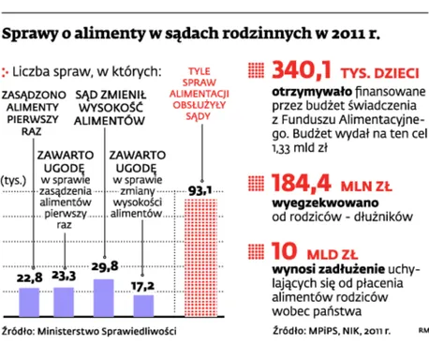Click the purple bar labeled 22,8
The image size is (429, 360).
click(x=29, y=302)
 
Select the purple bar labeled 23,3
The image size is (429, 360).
click(x=64, y=302)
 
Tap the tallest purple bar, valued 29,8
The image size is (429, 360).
click(x=104, y=298)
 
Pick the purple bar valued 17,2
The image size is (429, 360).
click(x=143, y=306)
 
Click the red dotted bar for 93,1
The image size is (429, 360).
click(x=201, y=258)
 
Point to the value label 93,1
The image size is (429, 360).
click(x=200, y=190)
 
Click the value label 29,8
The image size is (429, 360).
click(x=105, y=266)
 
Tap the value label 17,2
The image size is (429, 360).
click(x=142, y=286)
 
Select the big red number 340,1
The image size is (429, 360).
click(x=302, y=70)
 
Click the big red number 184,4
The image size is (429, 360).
click(x=302, y=184)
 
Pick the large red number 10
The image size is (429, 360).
click(x=284, y=251)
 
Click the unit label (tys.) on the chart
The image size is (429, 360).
click(x=13, y=181)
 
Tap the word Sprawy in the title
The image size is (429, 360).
click(x=30, y=34)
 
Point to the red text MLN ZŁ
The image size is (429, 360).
click(x=366, y=187)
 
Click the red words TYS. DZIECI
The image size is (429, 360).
click(x=379, y=73)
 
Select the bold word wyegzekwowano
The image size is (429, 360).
click(x=325, y=203)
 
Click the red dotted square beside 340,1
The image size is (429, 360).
click(x=256, y=70)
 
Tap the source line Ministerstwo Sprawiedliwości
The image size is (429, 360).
click(x=107, y=331)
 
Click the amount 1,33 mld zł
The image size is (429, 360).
click(x=300, y=148)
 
